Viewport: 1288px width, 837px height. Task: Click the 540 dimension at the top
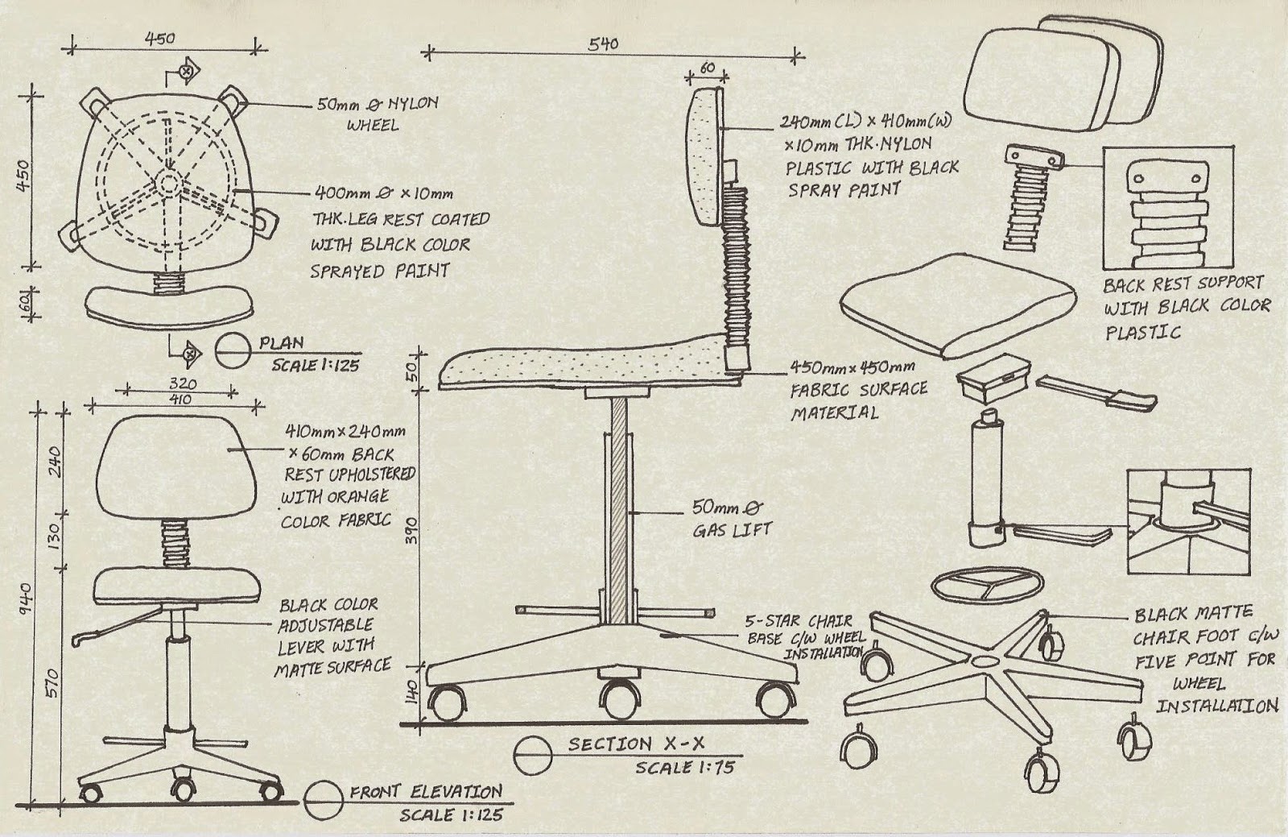click(602, 44)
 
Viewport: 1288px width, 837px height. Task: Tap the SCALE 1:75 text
click(685, 768)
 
